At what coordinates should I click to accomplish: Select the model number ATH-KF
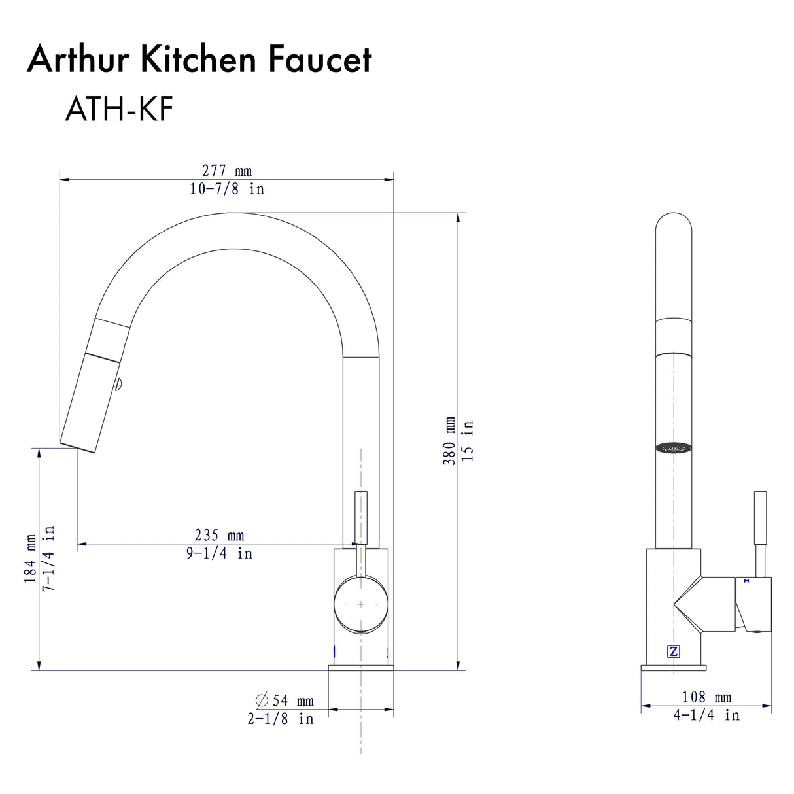click(x=118, y=109)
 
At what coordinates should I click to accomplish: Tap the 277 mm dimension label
click(x=226, y=171)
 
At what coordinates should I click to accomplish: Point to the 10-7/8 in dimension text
click(x=226, y=189)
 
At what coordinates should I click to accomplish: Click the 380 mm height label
click(x=450, y=440)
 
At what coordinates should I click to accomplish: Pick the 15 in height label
click(x=468, y=440)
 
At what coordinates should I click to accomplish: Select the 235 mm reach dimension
click(x=219, y=535)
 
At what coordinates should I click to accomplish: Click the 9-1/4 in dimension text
click(x=219, y=553)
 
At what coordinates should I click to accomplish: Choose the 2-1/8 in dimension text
click(x=280, y=719)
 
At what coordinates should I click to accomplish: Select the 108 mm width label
click(x=706, y=697)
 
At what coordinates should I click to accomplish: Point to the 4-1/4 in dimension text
click(x=706, y=716)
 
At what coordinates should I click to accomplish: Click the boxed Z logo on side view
click(x=674, y=651)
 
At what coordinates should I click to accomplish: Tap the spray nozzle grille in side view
click(x=674, y=448)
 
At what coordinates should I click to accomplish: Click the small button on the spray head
click(x=118, y=385)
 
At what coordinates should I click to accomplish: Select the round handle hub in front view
click(x=360, y=604)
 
